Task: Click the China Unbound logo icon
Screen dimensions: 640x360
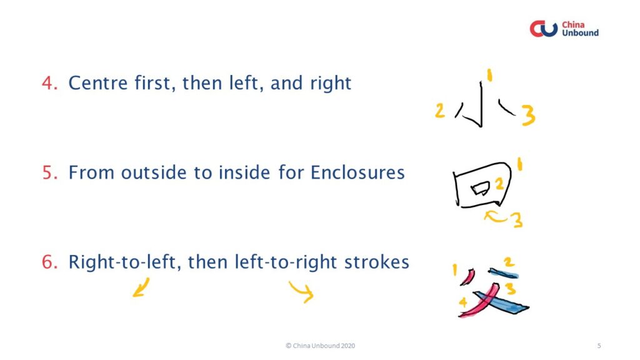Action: pyautogui.click(x=543, y=29)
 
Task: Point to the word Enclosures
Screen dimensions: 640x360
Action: pyautogui.click(x=357, y=172)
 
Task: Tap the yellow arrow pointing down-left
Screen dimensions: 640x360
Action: pyautogui.click(x=141, y=287)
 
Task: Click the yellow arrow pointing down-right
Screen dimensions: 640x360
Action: pyautogui.click(x=302, y=291)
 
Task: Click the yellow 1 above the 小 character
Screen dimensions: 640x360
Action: pyautogui.click(x=490, y=75)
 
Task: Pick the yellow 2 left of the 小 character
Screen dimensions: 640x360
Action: pyautogui.click(x=439, y=111)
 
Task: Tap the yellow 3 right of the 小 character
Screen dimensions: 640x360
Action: pyautogui.click(x=528, y=115)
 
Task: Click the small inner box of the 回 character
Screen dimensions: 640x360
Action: pyautogui.click(x=480, y=189)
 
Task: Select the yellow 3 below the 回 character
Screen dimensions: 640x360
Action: pyautogui.click(x=517, y=220)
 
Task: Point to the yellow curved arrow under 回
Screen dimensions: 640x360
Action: pyautogui.click(x=496, y=217)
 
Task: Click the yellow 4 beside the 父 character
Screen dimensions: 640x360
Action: pyautogui.click(x=463, y=302)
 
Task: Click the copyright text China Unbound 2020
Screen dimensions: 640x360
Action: pyautogui.click(x=320, y=346)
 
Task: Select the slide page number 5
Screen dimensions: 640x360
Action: pyautogui.click(x=599, y=346)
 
